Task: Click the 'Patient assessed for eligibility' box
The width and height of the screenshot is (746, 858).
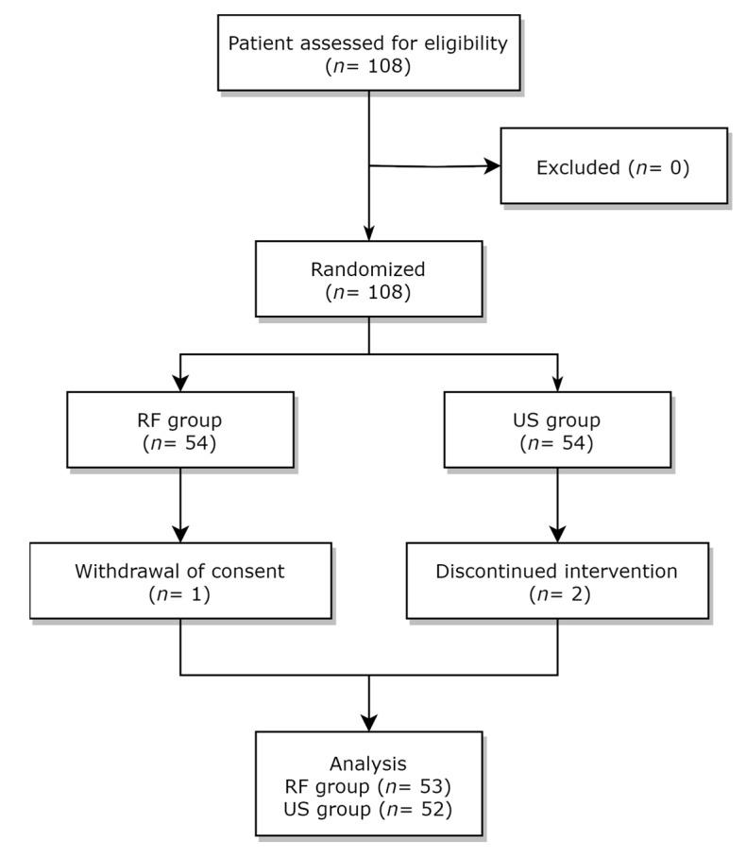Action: [368, 53]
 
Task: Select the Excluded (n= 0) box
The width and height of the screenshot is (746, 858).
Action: [614, 166]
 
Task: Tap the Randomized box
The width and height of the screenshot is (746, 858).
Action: [368, 279]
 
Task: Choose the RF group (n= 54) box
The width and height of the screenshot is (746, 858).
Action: [179, 430]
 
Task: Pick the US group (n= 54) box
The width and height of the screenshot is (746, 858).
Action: [557, 430]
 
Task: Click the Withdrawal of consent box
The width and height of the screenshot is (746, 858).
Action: [179, 581]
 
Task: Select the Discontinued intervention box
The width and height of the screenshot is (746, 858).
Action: [557, 581]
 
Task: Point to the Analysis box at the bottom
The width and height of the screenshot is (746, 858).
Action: [368, 783]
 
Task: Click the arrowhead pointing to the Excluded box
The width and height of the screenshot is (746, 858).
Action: [491, 166]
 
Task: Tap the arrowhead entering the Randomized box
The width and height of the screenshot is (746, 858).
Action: [368, 232]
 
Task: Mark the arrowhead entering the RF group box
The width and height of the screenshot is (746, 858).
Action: [179, 384]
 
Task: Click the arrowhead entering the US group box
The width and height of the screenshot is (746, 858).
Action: [557, 384]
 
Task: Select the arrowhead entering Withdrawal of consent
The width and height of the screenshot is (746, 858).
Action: [179, 535]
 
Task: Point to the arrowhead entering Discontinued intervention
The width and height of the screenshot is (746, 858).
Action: [557, 535]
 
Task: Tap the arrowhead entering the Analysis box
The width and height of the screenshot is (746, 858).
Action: [368, 723]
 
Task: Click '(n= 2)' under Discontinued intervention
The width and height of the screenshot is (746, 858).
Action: [557, 593]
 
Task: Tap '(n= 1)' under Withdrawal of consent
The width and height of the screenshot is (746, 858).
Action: [179, 593]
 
